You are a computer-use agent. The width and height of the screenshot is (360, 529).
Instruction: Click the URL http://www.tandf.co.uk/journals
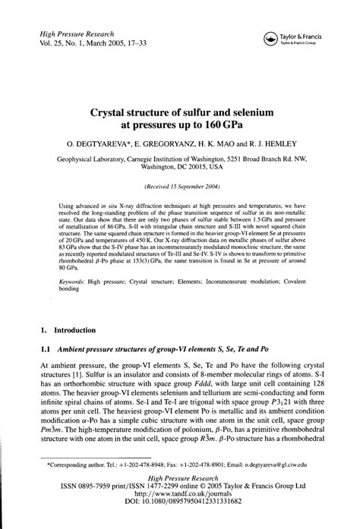point(180,512)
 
